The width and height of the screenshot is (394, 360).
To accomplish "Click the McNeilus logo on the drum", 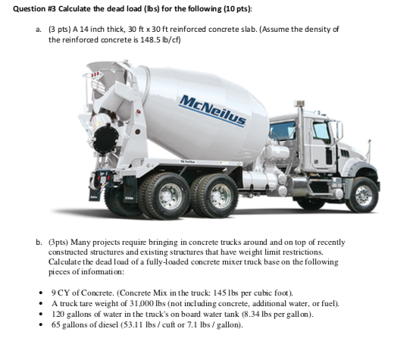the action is pyautogui.click(x=212, y=111).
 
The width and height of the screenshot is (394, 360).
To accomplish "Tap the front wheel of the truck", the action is pyautogui.click(x=363, y=195).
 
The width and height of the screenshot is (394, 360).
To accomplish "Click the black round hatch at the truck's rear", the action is pyautogui.click(x=105, y=139).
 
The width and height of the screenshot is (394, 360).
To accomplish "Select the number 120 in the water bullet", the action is pyautogui.click(x=58, y=314).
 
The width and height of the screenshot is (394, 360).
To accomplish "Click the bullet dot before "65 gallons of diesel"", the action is pyautogui.click(x=41, y=325).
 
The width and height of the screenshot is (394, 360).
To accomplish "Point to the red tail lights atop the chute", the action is pyautogui.click(x=95, y=74).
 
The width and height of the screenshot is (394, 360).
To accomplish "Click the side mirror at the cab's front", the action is pyautogui.click(x=339, y=131).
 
